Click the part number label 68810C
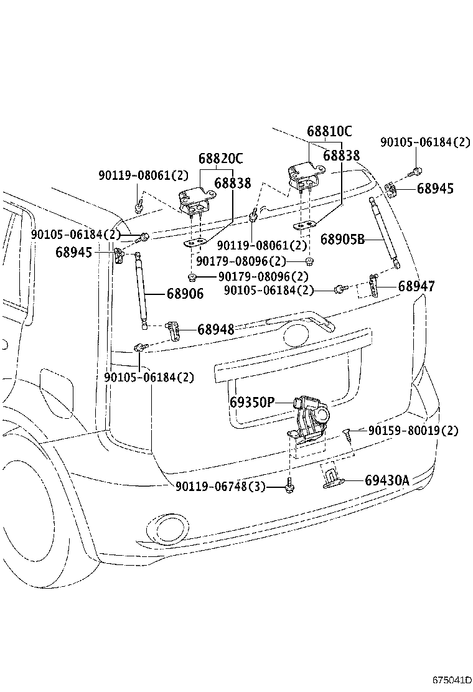pyautogui.click(x=329, y=132)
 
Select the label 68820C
pyautogui.click(x=221, y=159)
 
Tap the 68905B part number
pyautogui.click(x=342, y=239)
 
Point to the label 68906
pyautogui.click(x=185, y=294)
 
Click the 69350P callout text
pyautogui.click(x=251, y=403)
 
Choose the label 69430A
pyautogui.click(x=386, y=480)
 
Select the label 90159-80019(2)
pyautogui.click(x=413, y=431)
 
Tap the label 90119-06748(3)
pyautogui.click(x=220, y=487)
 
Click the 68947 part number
pyautogui.click(x=416, y=286)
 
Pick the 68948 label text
pyautogui.click(x=216, y=330)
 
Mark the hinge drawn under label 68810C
pyautogui.click(x=303, y=174)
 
